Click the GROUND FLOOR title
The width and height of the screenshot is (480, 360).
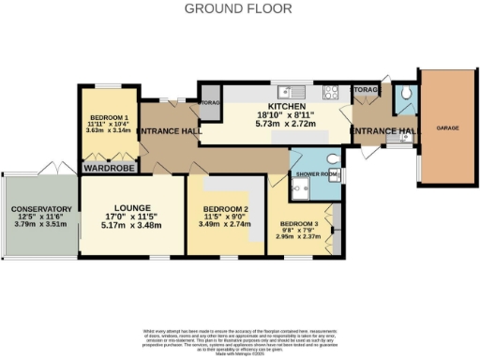(238, 8)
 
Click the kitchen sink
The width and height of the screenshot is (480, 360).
(298, 91)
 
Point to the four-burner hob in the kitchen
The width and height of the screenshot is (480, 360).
(331, 92)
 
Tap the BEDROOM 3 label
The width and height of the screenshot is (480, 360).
(299, 223)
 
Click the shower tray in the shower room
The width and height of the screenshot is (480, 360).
(301, 190)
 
